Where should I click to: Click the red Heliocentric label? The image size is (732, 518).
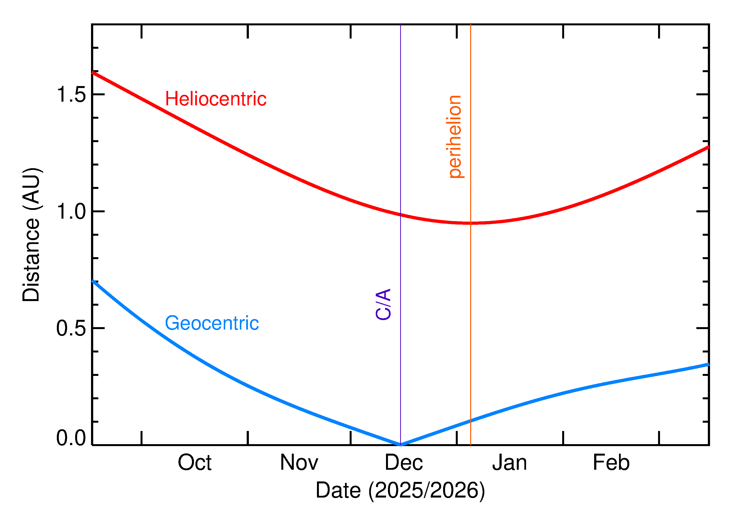coord(215,99)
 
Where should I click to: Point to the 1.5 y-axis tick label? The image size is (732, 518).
coord(71,95)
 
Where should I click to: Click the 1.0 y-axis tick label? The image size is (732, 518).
coord(71,212)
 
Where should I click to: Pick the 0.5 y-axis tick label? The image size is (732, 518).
coord(71,329)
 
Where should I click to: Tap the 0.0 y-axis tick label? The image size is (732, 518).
coord(71,438)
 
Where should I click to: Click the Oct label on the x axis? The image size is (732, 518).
coord(194,463)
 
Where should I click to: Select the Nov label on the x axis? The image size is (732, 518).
coord(299,463)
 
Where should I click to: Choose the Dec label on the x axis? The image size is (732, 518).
coord(404,463)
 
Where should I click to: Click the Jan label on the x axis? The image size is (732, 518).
coord(509,463)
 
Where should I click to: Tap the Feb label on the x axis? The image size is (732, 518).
coord(611,463)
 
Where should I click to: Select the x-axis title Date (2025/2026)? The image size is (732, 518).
coord(400,490)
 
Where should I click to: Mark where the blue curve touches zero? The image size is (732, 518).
coord(400,445)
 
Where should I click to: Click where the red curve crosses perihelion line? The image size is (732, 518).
coord(470,223)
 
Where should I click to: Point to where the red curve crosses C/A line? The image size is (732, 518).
coord(400,215)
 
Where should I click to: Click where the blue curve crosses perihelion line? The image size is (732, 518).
coord(470,421)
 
